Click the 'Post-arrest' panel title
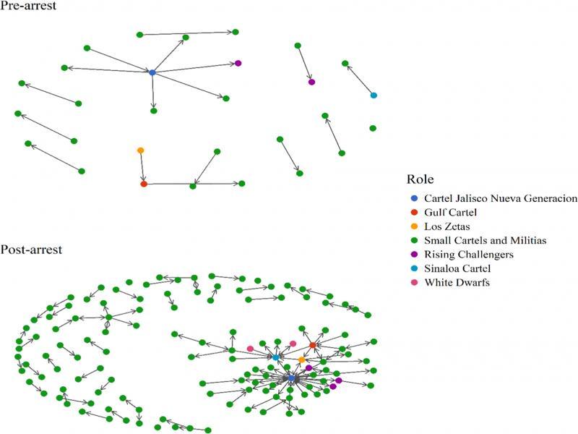31,250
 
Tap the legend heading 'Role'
420,179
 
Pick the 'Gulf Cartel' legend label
453,213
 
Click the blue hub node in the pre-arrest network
152,73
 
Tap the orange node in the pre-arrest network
140,150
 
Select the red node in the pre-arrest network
143,184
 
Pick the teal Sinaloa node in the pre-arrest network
374,95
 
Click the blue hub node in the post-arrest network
291,378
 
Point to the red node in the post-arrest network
312,346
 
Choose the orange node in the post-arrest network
301,359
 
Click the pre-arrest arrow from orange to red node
142,167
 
